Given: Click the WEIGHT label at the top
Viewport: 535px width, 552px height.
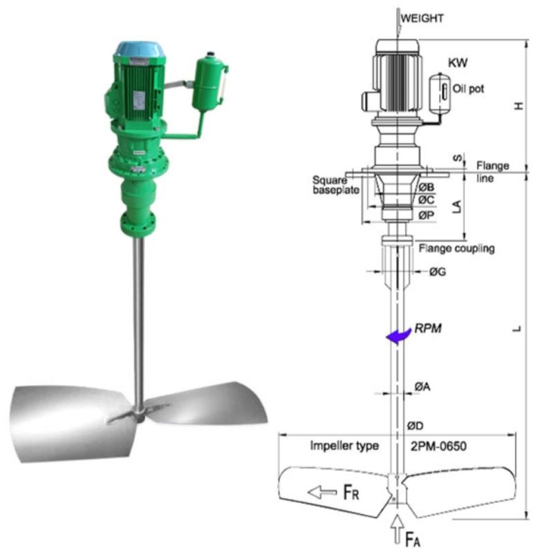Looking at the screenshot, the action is pyautogui.click(x=422, y=18).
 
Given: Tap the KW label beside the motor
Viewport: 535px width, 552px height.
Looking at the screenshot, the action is pyautogui.click(x=458, y=63).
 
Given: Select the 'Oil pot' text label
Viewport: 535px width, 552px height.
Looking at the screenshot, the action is pyautogui.click(x=468, y=88).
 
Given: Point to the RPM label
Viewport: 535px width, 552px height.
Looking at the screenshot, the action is pyautogui.click(x=428, y=328).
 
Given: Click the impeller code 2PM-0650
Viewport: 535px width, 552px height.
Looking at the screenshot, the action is pyautogui.click(x=438, y=446).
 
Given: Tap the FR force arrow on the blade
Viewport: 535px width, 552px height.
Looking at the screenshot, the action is pyautogui.click(x=322, y=492).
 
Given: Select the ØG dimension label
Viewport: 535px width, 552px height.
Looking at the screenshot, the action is pyautogui.click(x=438, y=272).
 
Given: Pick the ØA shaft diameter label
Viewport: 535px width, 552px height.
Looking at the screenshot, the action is pyautogui.click(x=422, y=387).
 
